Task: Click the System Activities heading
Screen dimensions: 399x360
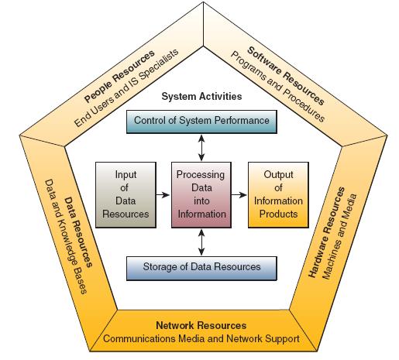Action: (x=201, y=97)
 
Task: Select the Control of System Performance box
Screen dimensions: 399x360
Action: (x=201, y=122)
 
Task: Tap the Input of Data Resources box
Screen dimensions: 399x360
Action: (x=126, y=195)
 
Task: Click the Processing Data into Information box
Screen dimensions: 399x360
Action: (x=201, y=195)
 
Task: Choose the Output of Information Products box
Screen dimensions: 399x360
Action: (x=278, y=195)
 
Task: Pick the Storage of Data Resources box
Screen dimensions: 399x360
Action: (x=201, y=269)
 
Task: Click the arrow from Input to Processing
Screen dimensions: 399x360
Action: (x=163, y=195)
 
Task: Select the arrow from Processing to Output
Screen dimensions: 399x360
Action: (x=239, y=195)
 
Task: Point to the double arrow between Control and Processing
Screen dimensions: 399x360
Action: (x=201, y=148)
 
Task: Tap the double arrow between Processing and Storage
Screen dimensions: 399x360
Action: (x=201, y=242)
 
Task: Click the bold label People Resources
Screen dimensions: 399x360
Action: (x=119, y=77)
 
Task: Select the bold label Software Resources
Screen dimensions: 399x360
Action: (x=286, y=76)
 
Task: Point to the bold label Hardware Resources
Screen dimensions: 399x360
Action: (x=326, y=232)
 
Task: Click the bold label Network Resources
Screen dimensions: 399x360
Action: (x=201, y=325)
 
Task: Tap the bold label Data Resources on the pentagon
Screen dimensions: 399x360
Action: (x=78, y=232)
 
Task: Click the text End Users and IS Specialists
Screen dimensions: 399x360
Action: (x=126, y=87)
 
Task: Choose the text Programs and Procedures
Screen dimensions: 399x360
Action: (x=277, y=87)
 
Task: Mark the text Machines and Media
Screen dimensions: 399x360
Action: (x=339, y=236)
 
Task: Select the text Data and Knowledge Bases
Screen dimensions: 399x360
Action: (x=66, y=237)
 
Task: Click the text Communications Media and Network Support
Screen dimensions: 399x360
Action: (x=201, y=338)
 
